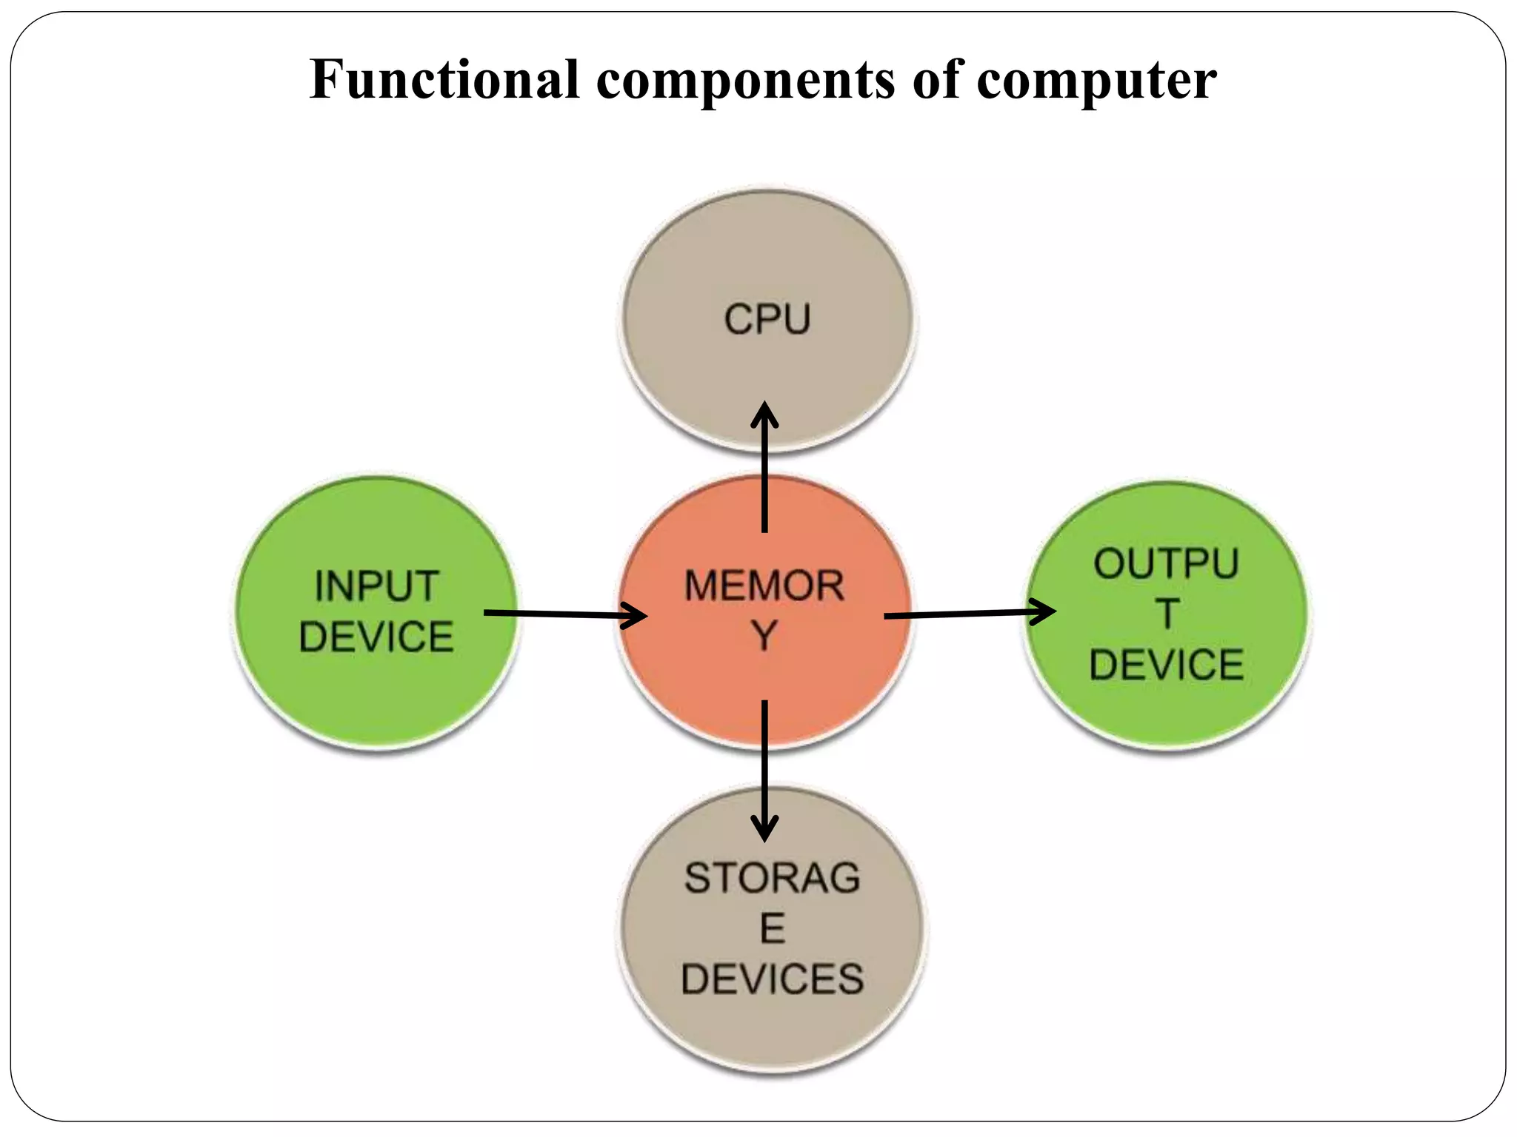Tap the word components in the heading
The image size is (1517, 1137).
pyautogui.click(x=745, y=80)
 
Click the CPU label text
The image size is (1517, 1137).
pyautogui.click(x=767, y=320)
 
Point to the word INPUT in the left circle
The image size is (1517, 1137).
pyautogui.click(x=376, y=586)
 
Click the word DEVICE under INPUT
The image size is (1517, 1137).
pyautogui.click(x=376, y=637)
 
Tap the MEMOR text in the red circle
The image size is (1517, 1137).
pyautogui.click(x=764, y=586)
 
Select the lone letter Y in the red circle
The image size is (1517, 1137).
pyautogui.click(x=764, y=636)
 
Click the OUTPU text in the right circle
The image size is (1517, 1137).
pyautogui.click(x=1166, y=564)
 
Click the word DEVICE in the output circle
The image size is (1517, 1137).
pyautogui.click(x=1166, y=665)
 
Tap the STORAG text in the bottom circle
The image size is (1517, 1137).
pyautogui.click(x=772, y=878)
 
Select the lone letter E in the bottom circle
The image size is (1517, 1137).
pyautogui.click(x=773, y=928)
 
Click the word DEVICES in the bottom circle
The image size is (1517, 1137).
pyautogui.click(x=773, y=979)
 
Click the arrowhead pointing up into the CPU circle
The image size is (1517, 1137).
pyautogui.click(x=764, y=415)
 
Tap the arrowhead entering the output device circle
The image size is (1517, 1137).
pyautogui.click(x=1044, y=612)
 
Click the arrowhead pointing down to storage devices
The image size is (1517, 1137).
pyautogui.click(x=764, y=829)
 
